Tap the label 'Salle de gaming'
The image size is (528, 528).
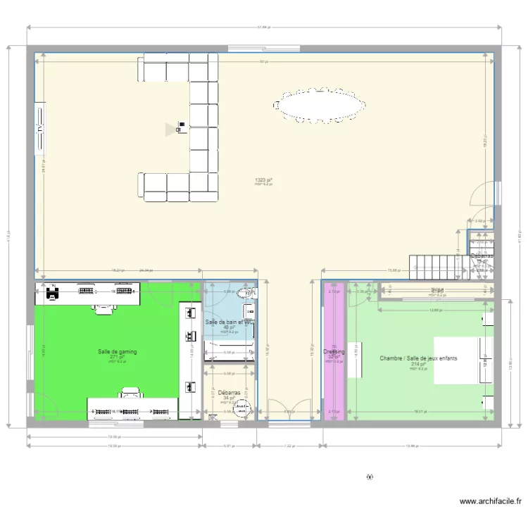pyautogui.click(x=118, y=351)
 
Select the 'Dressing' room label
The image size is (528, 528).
pyautogui.click(x=334, y=351)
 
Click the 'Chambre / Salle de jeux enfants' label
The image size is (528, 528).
pyautogui.click(x=418, y=358)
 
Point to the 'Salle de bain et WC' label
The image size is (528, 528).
pyautogui.click(x=228, y=322)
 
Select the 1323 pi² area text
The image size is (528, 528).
pyautogui.click(x=263, y=180)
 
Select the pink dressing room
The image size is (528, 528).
pyautogui.click(x=334, y=380)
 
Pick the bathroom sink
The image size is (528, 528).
pyautogui.click(x=249, y=310)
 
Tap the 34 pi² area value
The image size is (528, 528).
pyautogui.click(x=228, y=398)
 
